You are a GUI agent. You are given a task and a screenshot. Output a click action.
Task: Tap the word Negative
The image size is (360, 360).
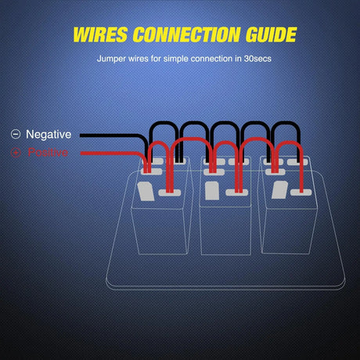53,135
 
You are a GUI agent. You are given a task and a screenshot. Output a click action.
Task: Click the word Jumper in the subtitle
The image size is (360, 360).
112,59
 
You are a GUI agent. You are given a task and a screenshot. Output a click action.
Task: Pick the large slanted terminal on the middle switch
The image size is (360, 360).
212,190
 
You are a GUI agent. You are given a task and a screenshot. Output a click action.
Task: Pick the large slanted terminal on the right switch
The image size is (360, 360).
278,190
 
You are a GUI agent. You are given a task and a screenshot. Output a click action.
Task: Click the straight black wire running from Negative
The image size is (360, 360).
110,135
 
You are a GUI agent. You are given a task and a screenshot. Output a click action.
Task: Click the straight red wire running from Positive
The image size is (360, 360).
110,152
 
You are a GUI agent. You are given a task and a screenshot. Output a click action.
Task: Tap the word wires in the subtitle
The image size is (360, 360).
142,59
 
